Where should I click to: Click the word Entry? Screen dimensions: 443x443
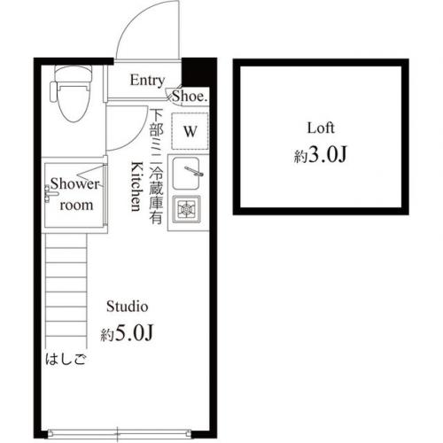click(147, 81)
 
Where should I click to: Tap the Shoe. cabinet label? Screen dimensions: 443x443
click(190, 97)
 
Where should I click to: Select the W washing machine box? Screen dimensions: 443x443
click(190, 131)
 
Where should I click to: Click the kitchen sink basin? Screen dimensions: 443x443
click(186, 174)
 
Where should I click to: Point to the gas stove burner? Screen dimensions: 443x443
click(187, 209)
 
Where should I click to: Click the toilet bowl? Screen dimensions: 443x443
click(74, 102)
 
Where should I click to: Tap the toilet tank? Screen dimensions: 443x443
click(74, 74)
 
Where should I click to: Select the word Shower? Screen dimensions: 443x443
click(74, 183)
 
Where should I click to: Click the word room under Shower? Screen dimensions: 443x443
click(76, 206)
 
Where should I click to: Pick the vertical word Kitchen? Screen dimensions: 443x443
click(136, 186)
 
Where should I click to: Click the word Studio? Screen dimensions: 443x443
click(127, 307)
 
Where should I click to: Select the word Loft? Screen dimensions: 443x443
click(321, 128)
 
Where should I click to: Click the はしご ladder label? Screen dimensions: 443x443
click(66, 360)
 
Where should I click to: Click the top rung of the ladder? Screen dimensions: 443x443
click(66, 248)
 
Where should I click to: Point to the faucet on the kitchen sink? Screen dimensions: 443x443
click(194, 171)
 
